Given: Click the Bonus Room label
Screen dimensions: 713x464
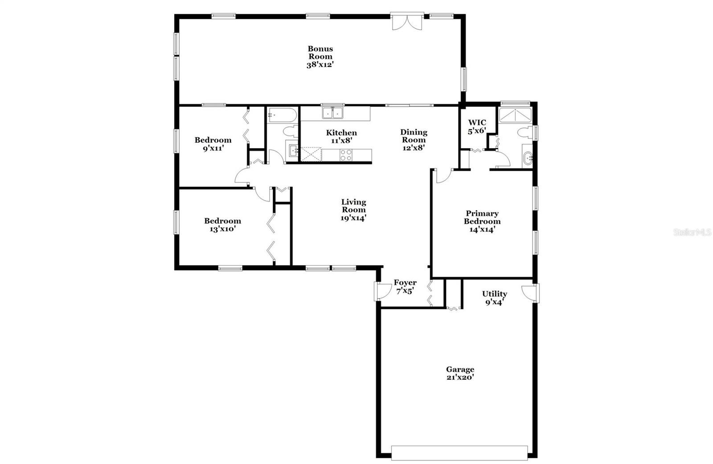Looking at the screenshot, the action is coord(320,53).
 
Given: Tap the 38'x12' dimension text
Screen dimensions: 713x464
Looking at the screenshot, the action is coord(320,65).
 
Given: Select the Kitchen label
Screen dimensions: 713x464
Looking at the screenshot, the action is coord(341,133).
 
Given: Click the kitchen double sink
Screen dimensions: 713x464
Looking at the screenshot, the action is coord(332,113).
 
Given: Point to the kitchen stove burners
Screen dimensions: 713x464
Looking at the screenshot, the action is coord(346,155).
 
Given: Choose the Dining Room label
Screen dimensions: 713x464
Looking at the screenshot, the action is coord(414,136).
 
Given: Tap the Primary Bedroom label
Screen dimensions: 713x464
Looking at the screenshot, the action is coord(482,218).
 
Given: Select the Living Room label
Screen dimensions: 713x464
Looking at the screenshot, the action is coord(354,206).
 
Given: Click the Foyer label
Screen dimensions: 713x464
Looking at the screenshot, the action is coord(405,282).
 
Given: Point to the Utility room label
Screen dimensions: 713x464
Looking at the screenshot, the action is coord(495,294).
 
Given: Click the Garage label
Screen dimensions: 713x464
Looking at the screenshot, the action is coord(460,369).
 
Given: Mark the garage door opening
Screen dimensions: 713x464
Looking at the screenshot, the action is coord(459,453).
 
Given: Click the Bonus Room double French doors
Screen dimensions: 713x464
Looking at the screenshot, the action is coord(407,22).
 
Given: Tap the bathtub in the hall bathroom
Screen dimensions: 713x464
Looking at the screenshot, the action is coord(283,115).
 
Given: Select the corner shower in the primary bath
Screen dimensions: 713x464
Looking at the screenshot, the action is coord(515,115).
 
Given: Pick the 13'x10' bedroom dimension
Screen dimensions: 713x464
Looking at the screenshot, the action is coord(222,229).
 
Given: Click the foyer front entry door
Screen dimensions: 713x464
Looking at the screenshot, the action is coord(382,291).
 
